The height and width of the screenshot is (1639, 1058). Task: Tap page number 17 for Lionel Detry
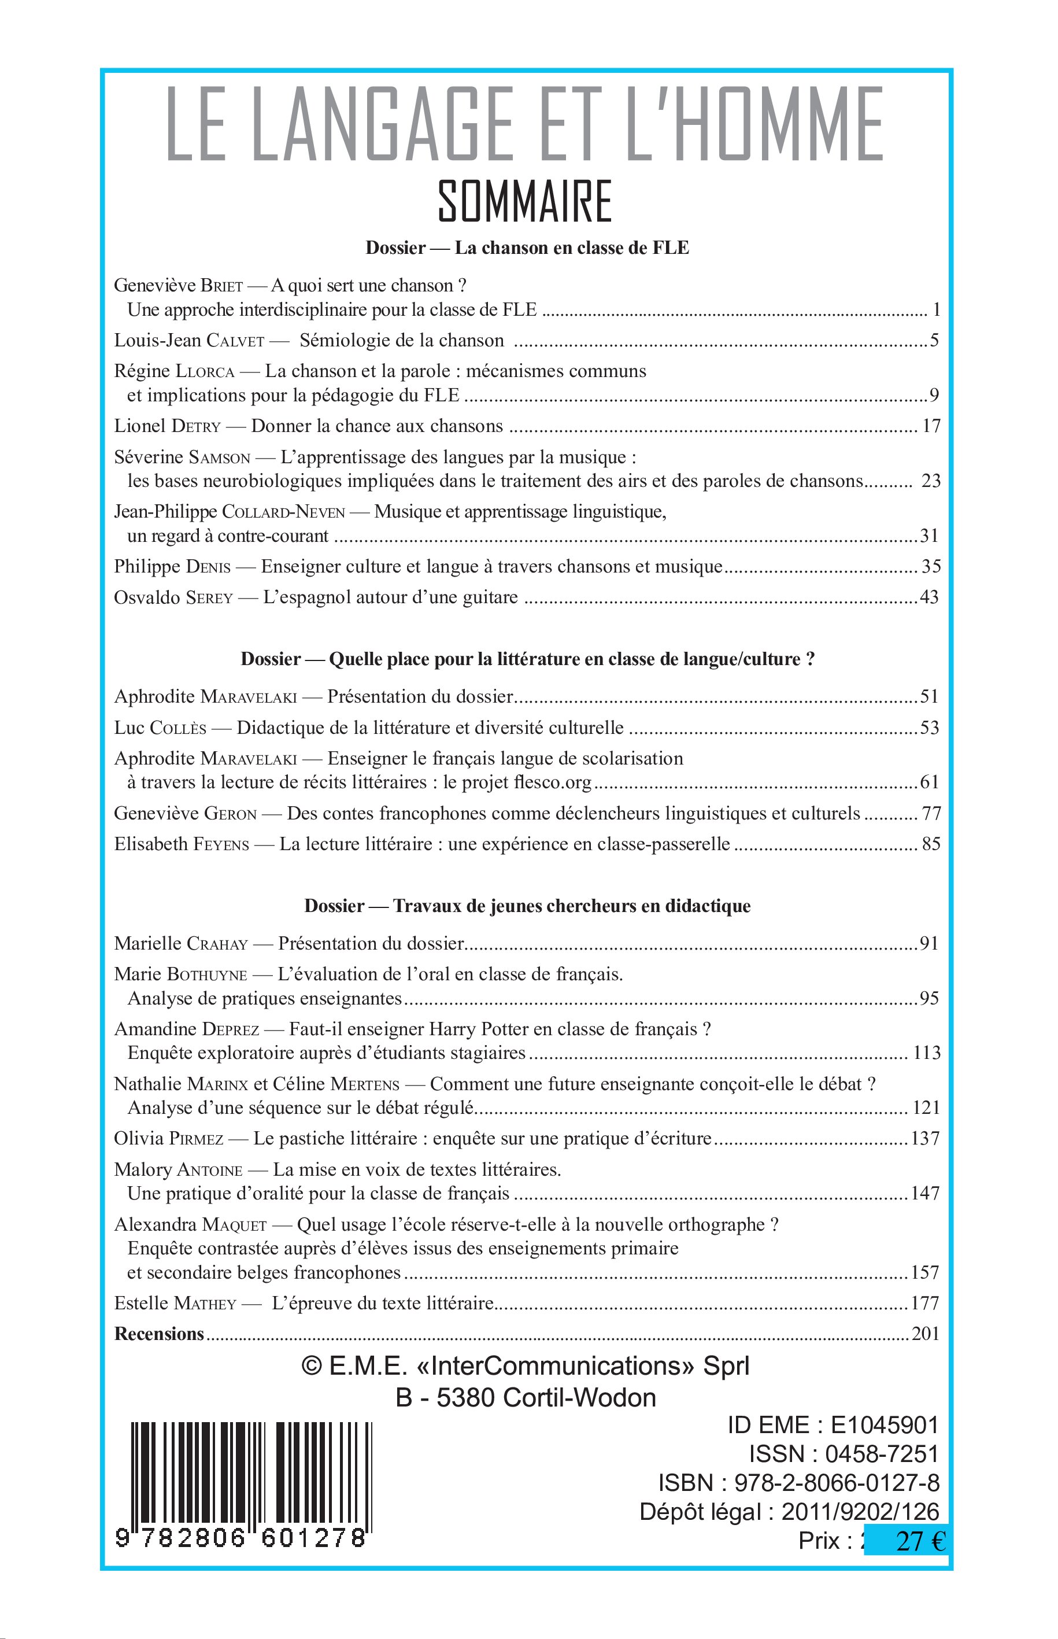click(930, 426)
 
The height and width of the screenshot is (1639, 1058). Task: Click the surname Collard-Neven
click(284, 512)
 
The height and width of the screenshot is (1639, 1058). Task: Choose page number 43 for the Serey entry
click(929, 597)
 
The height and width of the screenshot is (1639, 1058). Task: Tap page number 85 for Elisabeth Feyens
click(931, 844)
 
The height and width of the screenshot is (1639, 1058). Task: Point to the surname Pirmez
click(197, 1139)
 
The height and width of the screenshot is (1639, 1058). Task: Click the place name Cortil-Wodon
click(579, 1398)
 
